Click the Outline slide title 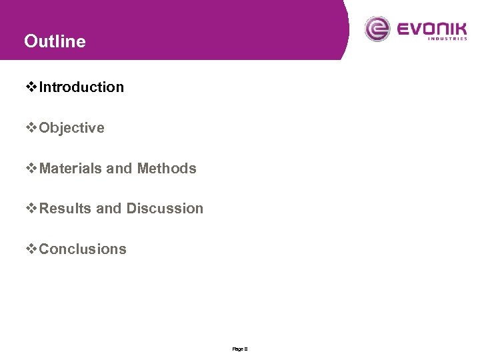(x=55, y=41)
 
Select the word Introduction (x=81, y=87)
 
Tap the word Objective (x=71, y=128)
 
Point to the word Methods (x=167, y=169)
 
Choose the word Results (x=65, y=209)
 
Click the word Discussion (x=165, y=209)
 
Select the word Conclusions (x=83, y=249)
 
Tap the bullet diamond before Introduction (x=31, y=87)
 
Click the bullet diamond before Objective (x=31, y=128)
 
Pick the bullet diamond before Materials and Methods (x=31, y=169)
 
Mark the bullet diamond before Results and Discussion (x=31, y=209)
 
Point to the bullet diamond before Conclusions (x=31, y=249)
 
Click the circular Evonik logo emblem (x=378, y=29)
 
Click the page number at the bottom (x=240, y=349)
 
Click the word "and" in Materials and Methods (x=119, y=169)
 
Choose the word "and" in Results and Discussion (x=109, y=209)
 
